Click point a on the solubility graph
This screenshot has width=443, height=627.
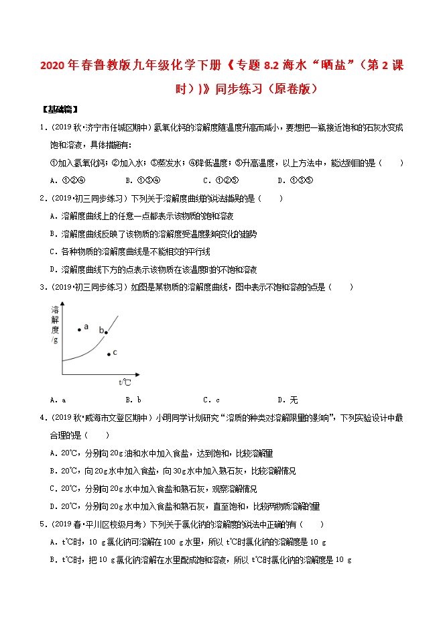(79, 329)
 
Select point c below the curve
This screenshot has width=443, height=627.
(109, 353)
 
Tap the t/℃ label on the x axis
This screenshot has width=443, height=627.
(124, 382)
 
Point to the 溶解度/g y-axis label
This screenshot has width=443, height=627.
(54, 325)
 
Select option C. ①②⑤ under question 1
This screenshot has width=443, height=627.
(218, 180)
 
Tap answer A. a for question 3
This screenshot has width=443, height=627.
(58, 400)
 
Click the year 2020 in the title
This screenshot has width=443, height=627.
(54, 68)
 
